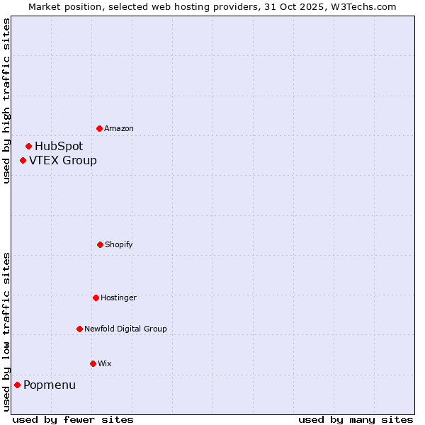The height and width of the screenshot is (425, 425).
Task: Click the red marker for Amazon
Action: (x=99, y=128)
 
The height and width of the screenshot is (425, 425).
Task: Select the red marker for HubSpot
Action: (x=28, y=146)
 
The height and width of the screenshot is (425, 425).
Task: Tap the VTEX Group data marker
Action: (x=23, y=160)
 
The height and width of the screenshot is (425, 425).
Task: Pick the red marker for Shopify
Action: (x=100, y=244)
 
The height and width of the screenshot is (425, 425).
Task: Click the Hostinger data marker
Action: (x=96, y=297)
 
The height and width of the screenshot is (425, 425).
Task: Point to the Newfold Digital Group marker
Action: (x=79, y=329)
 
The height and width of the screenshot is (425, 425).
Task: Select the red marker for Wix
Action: (x=93, y=363)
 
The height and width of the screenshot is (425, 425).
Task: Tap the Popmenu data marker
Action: (x=17, y=385)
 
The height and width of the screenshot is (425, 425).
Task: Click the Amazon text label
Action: (x=119, y=128)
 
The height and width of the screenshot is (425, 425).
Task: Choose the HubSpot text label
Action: (x=59, y=146)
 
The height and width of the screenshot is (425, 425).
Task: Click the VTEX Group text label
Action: (x=63, y=160)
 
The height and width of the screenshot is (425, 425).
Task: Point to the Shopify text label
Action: (x=119, y=244)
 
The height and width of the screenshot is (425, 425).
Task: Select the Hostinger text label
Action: (x=118, y=297)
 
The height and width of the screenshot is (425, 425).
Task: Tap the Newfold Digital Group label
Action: (x=126, y=329)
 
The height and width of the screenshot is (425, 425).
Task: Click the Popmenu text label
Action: (x=50, y=385)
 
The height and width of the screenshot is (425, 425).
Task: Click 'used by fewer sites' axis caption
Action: (x=73, y=419)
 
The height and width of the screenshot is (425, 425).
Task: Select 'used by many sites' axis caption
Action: (x=356, y=419)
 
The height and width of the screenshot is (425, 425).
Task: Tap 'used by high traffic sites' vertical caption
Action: (x=6, y=101)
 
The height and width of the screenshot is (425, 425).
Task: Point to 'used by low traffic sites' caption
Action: (x=6, y=331)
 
